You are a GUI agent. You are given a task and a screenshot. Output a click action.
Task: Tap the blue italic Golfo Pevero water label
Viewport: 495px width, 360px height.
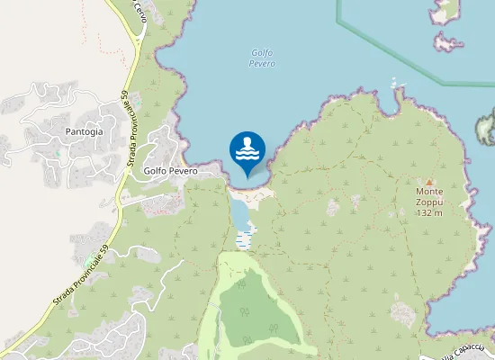[262, 58]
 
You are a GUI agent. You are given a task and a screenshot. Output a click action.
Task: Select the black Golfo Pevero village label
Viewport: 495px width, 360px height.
[163, 171]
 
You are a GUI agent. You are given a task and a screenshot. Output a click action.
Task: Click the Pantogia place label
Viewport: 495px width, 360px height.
[84, 131]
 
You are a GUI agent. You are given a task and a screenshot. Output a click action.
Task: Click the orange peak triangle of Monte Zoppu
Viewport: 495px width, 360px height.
[429, 181]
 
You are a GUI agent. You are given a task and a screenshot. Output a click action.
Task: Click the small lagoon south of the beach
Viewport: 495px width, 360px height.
[239, 213]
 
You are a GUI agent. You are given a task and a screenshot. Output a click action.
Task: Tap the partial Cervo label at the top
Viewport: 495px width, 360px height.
[139, 12]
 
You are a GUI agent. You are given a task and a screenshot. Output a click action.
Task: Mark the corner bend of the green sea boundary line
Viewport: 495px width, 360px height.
[338, 18]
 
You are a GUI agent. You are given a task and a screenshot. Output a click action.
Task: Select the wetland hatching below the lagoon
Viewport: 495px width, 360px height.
[243, 238]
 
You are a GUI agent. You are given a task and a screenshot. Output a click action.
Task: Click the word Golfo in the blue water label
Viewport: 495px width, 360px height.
[261, 52]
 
